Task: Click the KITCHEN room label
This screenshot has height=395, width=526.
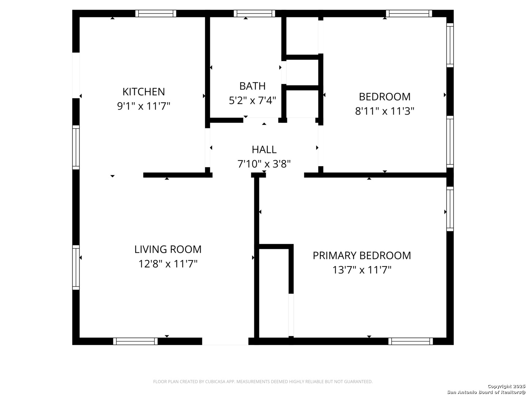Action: [x=144, y=91]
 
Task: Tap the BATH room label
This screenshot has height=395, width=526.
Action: [x=252, y=86]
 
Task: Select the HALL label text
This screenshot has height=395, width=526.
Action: [x=264, y=150]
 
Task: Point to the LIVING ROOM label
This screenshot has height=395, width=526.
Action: [x=168, y=249]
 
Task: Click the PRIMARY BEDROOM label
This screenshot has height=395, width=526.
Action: [x=362, y=256]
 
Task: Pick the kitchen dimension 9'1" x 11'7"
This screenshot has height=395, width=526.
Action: [x=144, y=106]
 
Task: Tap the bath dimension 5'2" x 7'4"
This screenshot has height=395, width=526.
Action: [x=252, y=101]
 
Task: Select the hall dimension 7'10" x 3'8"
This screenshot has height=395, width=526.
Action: [x=264, y=164]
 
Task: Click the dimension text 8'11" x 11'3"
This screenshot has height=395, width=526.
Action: [x=385, y=111]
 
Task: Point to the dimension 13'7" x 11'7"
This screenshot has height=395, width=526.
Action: [x=362, y=270]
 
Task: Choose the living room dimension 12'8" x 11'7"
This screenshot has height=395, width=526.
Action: [x=168, y=264]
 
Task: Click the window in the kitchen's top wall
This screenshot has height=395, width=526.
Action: [x=156, y=14]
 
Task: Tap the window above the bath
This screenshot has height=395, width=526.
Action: [x=254, y=14]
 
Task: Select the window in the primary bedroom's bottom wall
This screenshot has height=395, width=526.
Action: [x=411, y=341]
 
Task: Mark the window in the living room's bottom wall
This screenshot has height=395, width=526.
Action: [x=136, y=341]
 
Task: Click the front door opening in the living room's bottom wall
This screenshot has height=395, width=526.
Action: [x=225, y=341]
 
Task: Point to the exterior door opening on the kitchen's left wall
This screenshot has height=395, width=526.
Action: [x=76, y=75]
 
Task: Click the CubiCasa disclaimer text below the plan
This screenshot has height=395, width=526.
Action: [x=263, y=381]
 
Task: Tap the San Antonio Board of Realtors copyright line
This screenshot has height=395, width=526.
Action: [x=486, y=392]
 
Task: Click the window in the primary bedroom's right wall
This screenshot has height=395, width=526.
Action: [x=450, y=209]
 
